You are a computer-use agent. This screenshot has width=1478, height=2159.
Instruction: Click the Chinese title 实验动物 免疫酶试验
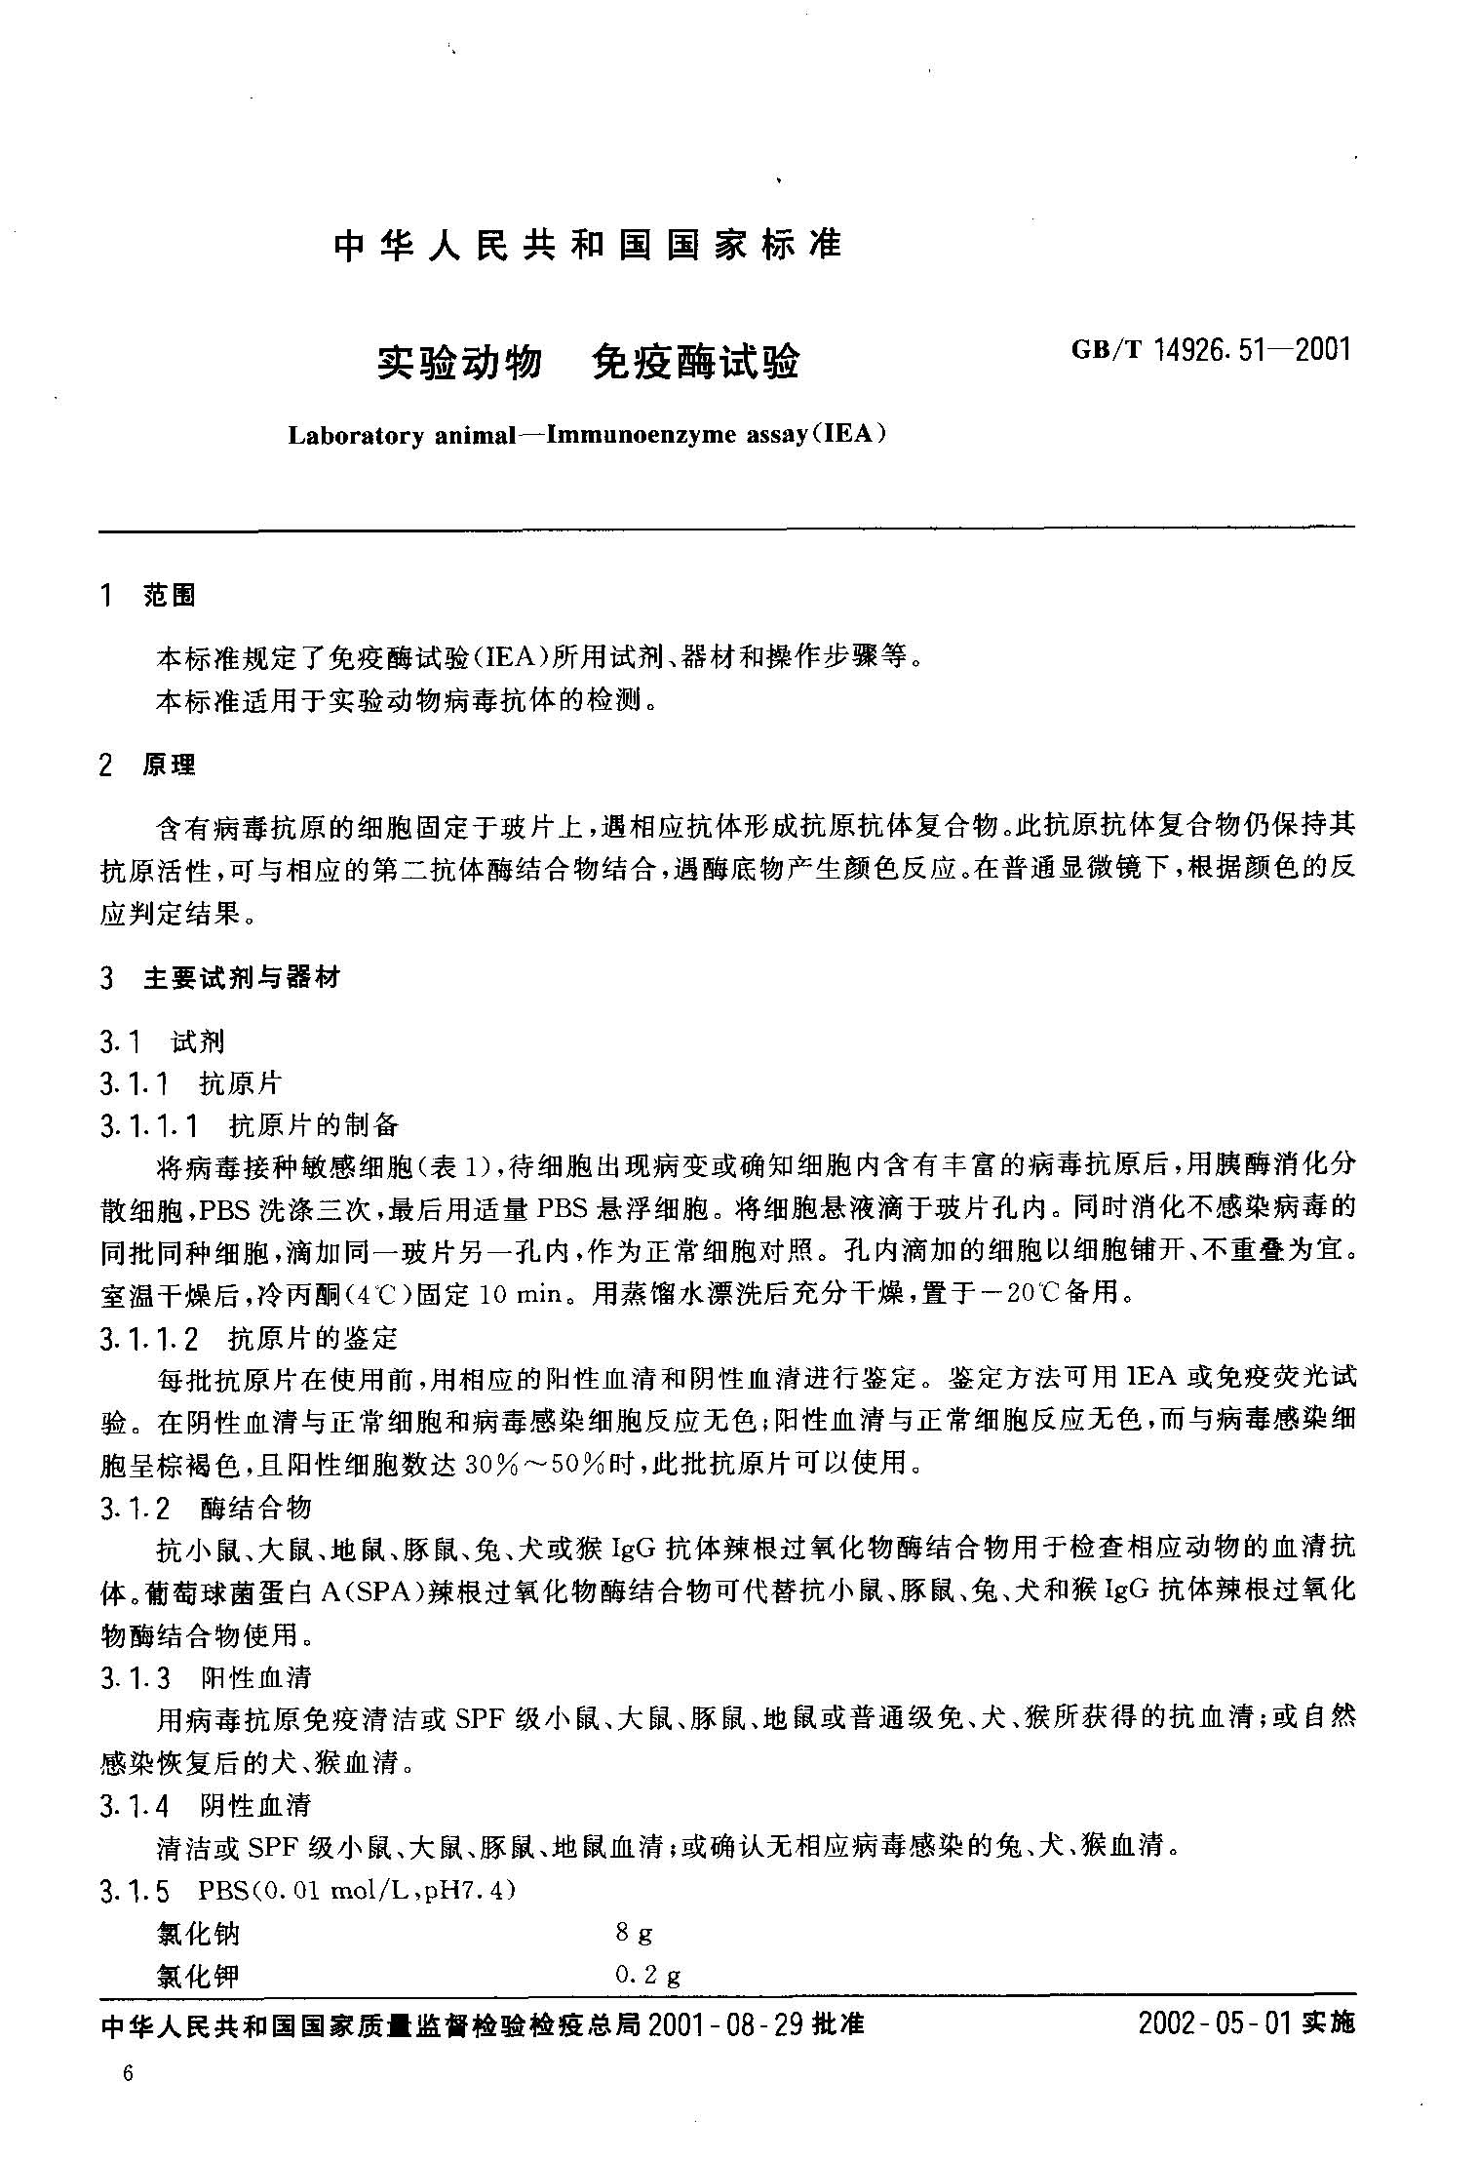point(588,363)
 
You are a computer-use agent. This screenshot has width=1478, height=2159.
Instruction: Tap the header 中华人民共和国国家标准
point(587,245)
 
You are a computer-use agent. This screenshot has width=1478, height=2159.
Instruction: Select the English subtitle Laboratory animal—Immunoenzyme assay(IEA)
point(587,434)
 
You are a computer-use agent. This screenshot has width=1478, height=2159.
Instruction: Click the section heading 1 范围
point(148,596)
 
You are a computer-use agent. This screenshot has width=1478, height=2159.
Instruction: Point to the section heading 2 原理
point(148,765)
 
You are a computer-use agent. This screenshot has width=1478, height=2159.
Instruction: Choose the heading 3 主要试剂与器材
point(220,978)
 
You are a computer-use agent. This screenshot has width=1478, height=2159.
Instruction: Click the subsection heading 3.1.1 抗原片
point(191,1082)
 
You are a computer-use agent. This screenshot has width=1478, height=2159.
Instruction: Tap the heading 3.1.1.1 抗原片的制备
point(250,1126)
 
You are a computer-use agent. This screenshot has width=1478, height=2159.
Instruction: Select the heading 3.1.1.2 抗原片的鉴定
point(250,1339)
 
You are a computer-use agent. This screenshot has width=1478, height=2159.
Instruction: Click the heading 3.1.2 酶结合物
point(206,1508)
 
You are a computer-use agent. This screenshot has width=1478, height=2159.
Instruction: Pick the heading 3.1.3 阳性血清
point(206,1678)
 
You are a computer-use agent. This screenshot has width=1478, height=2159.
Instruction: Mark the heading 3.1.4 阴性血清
point(206,1806)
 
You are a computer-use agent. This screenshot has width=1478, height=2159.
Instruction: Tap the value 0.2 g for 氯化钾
point(647,1976)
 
